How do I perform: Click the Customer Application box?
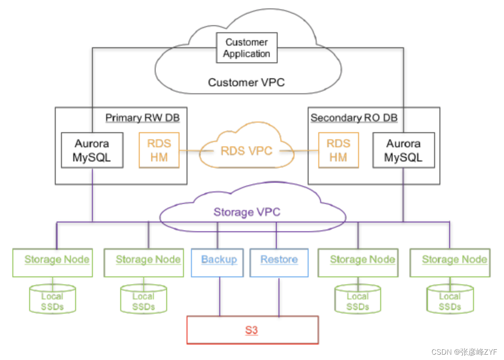pos(246,48)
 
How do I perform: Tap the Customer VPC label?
pos(246,82)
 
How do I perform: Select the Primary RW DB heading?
pos(142,118)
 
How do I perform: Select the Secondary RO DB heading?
pos(354,118)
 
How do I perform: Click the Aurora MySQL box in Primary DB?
pos(92,150)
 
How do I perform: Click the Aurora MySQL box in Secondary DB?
pos(403,150)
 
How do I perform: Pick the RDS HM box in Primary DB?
pos(159,150)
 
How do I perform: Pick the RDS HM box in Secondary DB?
pos(338,150)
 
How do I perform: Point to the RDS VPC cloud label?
pos(246,151)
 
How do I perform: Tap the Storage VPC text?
pos(247,212)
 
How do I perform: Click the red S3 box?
pos(252,330)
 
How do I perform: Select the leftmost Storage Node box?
pos(52,263)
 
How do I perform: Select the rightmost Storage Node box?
pos(450,263)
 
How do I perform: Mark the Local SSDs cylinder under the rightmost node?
pos(450,301)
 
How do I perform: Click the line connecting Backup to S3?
pos(220,296)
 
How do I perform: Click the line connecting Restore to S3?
pos(279,296)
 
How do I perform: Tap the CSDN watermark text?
pos(464,352)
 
